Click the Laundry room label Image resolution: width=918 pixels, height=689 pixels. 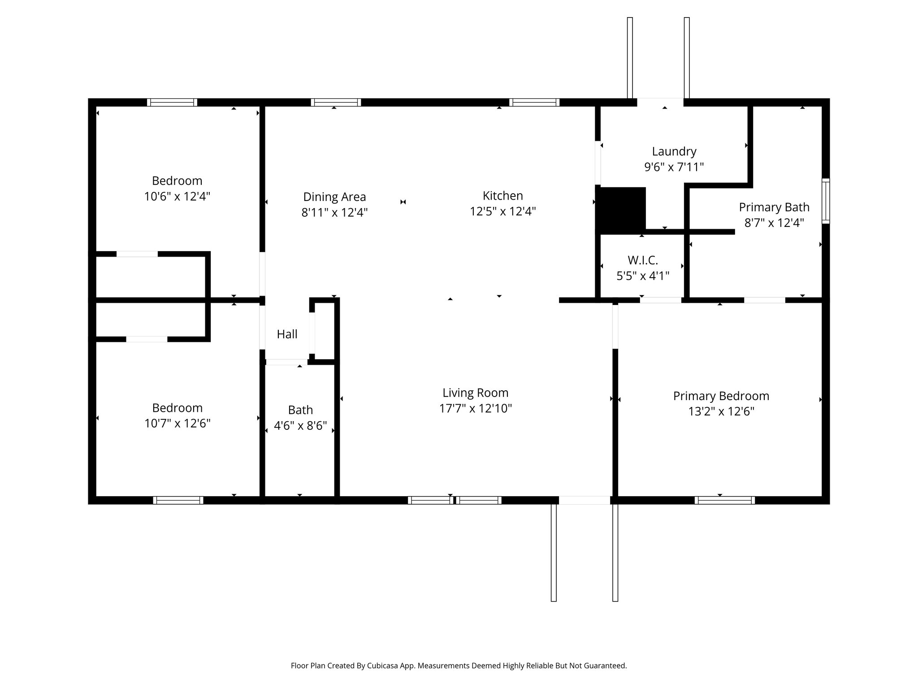coord(674,152)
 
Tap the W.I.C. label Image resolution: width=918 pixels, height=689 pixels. coord(642,260)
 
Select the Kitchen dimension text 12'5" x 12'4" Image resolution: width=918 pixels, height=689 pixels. coord(502,211)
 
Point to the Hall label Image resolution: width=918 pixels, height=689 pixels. coord(287,334)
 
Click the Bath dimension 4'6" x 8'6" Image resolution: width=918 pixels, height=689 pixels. coord(300,426)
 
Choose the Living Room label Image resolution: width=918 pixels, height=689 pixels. coord(475,393)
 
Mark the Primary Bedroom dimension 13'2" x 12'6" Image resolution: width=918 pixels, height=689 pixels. coord(721,412)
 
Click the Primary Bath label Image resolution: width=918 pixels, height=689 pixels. coord(774,207)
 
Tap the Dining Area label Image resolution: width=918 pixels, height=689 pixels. coord(334,197)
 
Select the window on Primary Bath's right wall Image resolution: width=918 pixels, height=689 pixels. coord(825,201)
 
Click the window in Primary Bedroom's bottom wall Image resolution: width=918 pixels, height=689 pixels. coord(724,500)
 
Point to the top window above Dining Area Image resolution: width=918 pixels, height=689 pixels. coord(336,102)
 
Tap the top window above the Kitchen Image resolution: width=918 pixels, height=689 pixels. coord(534,102)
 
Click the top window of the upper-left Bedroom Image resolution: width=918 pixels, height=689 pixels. coord(172,102)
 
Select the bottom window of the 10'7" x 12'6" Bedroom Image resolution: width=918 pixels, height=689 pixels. coord(178,500)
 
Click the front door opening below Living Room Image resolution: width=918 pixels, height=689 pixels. coord(584,500)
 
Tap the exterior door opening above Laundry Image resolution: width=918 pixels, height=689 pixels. coord(660,102)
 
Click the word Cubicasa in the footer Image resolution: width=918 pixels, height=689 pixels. coord(384,666)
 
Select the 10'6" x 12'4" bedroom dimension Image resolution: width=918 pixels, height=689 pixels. coord(177,196)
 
